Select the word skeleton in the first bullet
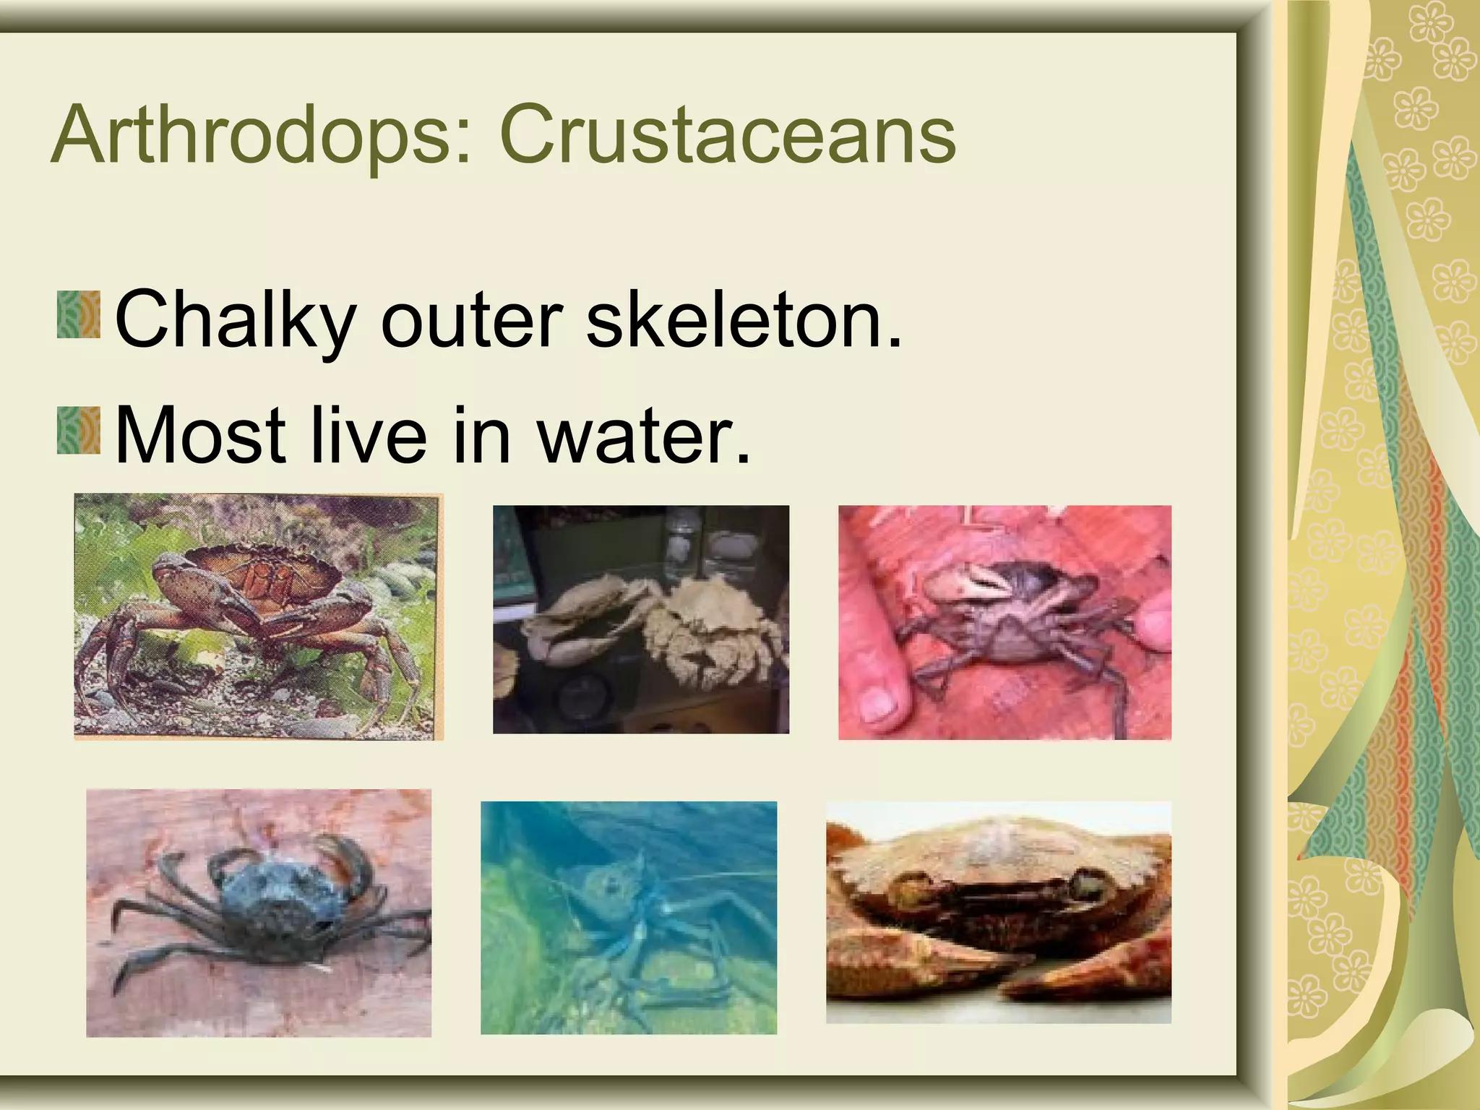click(744, 318)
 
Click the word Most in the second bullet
click(199, 435)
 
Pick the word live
click(368, 435)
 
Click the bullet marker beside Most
click(79, 431)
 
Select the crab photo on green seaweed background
click(258, 616)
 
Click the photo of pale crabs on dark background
click(640, 619)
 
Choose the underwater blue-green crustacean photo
click(628, 917)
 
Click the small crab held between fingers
click(1012, 614)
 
